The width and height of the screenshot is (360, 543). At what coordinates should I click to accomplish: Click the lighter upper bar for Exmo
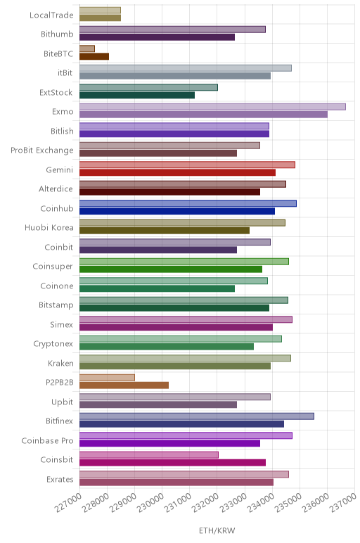point(212,107)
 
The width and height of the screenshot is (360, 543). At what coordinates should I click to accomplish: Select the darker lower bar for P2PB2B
point(124,385)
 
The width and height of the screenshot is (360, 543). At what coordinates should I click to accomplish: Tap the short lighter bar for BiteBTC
point(87,49)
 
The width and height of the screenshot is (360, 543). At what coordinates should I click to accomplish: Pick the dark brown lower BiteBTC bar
point(94,56)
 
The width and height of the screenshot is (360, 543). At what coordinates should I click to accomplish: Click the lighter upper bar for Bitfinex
point(197,416)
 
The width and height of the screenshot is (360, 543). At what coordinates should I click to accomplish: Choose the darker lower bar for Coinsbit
point(173,463)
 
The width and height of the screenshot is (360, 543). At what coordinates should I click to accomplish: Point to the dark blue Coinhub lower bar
point(177,211)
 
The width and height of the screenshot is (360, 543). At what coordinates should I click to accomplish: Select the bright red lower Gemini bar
point(178,172)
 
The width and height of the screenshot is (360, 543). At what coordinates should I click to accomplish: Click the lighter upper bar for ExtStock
point(148,87)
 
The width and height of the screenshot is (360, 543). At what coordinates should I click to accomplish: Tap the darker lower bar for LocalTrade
point(100,18)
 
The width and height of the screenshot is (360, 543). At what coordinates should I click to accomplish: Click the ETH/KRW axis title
point(217,530)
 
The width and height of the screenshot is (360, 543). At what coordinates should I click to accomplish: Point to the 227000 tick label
point(68,502)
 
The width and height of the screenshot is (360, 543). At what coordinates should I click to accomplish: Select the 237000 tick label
point(343,502)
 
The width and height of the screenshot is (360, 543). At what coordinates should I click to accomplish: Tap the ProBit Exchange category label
point(42,151)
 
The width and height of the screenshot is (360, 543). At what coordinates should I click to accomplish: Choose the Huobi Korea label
point(49,227)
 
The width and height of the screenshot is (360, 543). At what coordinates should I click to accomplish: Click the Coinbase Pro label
point(47,440)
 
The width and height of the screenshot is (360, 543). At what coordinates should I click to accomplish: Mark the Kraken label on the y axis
point(60,363)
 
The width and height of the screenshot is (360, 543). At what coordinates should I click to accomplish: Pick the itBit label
point(65,72)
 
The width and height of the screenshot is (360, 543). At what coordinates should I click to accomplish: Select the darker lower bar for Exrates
point(176,482)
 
